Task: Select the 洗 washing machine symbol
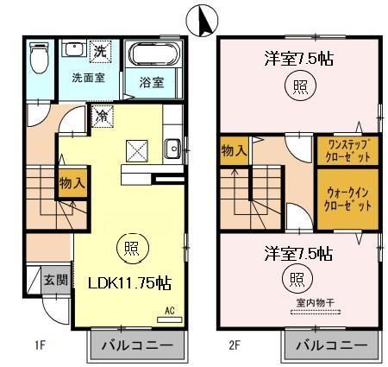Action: [100, 52]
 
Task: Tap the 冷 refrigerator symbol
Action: [103, 114]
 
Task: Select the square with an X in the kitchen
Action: [137, 151]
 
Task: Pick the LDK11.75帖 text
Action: [127, 282]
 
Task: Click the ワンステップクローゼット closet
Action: [347, 152]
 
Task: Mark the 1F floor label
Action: [40, 346]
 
